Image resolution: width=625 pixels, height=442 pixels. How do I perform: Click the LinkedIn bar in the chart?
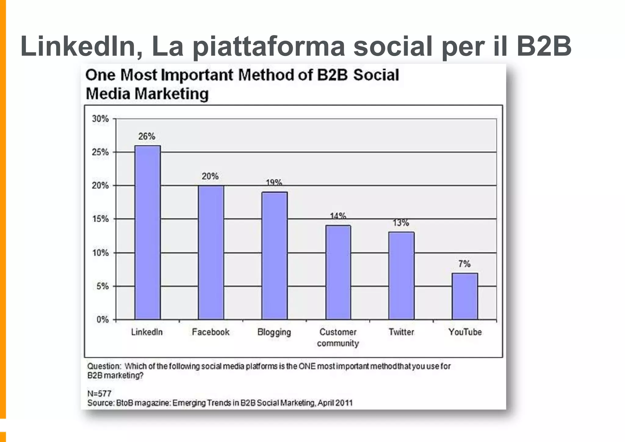coord(148,232)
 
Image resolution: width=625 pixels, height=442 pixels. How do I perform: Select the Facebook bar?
coord(211,252)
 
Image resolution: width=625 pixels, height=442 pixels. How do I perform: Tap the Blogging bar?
coord(274,256)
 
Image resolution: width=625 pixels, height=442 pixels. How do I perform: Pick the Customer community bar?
coord(338,272)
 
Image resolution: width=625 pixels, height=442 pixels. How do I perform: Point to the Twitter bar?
coord(401,276)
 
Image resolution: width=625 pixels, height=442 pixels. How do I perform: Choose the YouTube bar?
coord(465,296)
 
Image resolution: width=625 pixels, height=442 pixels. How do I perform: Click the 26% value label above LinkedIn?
coord(147,136)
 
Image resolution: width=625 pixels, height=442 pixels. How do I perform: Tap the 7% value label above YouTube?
coord(464,264)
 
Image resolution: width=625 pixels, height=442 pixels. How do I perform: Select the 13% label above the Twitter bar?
coord(401,223)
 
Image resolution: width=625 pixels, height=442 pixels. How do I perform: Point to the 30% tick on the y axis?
coord(100,119)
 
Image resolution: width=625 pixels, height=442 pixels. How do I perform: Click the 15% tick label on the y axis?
coord(100,219)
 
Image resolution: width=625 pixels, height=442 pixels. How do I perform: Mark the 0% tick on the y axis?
coord(103,320)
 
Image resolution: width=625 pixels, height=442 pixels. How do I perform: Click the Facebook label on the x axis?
coord(211,332)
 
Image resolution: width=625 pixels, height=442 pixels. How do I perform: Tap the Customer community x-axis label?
coord(338,337)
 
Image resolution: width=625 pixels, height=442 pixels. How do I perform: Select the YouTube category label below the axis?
coord(465,332)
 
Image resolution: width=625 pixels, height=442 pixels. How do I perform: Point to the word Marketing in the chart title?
coord(171,94)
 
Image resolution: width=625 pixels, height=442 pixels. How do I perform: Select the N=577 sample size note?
coord(99,393)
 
